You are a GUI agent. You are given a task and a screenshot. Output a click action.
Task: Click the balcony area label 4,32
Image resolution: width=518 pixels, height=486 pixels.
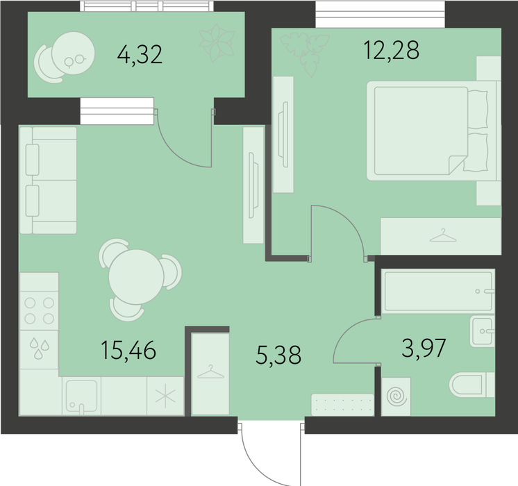tap(140, 55)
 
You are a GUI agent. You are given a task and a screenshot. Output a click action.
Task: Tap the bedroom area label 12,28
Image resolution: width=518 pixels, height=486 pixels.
tap(391, 50)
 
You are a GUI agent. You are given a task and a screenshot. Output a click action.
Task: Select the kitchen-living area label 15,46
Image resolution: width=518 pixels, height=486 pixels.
tap(128, 350)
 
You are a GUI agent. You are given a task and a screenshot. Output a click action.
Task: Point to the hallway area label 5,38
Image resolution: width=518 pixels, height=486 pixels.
tap(278, 355)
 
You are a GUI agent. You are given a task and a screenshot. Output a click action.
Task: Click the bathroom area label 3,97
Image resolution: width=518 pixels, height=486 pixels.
tap(424, 348)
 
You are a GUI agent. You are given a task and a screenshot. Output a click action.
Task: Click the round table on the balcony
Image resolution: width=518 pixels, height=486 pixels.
tap(74, 53)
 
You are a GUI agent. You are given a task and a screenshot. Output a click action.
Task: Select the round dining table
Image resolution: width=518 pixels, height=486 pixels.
tap(136, 277)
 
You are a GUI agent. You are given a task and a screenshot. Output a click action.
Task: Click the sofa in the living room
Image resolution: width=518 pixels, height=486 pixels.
tap(48, 181)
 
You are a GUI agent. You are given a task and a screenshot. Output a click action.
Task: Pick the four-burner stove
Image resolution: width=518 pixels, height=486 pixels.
tap(40, 310)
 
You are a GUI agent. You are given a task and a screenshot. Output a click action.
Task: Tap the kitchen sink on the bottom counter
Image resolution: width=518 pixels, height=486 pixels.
tap(81, 396)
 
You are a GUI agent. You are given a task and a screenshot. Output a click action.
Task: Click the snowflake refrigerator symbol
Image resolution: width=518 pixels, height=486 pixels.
tap(165, 396)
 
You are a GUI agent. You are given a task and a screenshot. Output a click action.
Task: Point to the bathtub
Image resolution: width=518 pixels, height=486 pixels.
tap(438, 291)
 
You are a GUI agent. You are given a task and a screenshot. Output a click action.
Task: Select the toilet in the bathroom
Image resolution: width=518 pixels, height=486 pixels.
tap(471, 385)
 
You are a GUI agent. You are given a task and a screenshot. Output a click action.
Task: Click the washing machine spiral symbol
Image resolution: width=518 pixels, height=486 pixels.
tap(396, 396)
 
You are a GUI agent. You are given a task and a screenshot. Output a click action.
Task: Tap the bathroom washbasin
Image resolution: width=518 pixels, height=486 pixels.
tap(483, 330)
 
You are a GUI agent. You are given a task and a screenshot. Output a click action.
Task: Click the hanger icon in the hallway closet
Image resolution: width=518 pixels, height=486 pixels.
tap(210, 371)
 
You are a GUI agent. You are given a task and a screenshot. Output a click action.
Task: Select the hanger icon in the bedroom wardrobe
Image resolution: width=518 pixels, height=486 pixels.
tap(443, 235)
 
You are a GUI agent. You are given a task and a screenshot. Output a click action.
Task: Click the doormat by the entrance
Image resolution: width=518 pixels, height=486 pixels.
tap(342, 405)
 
